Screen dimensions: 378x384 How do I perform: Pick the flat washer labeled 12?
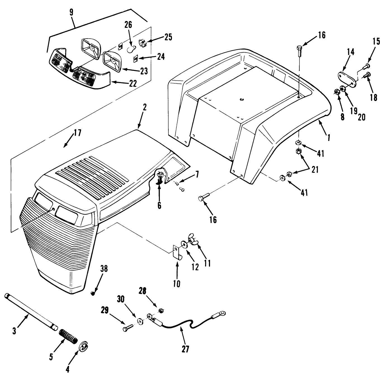[185, 244]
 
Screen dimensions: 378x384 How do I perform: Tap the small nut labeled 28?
[161, 310]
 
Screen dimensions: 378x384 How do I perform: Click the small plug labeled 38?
[93, 293]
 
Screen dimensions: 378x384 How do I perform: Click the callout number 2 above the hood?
[144, 107]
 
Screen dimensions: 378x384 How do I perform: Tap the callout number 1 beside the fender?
[329, 137]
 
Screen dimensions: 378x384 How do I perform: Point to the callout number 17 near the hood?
[77, 132]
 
